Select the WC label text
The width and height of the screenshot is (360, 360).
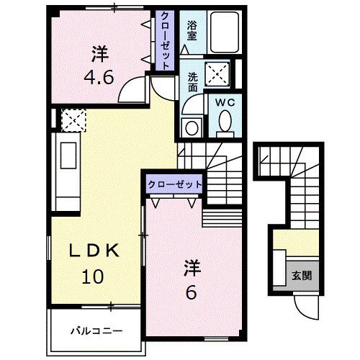click(x=225, y=103)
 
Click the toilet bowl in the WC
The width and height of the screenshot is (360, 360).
click(x=225, y=123)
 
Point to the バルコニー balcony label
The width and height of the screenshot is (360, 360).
click(x=96, y=331)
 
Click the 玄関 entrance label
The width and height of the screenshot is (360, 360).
click(x=302, y=274)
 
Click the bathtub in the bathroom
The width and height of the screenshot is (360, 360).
click(x=224, y=33)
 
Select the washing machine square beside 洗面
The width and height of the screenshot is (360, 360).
click(x=218, y=73)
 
